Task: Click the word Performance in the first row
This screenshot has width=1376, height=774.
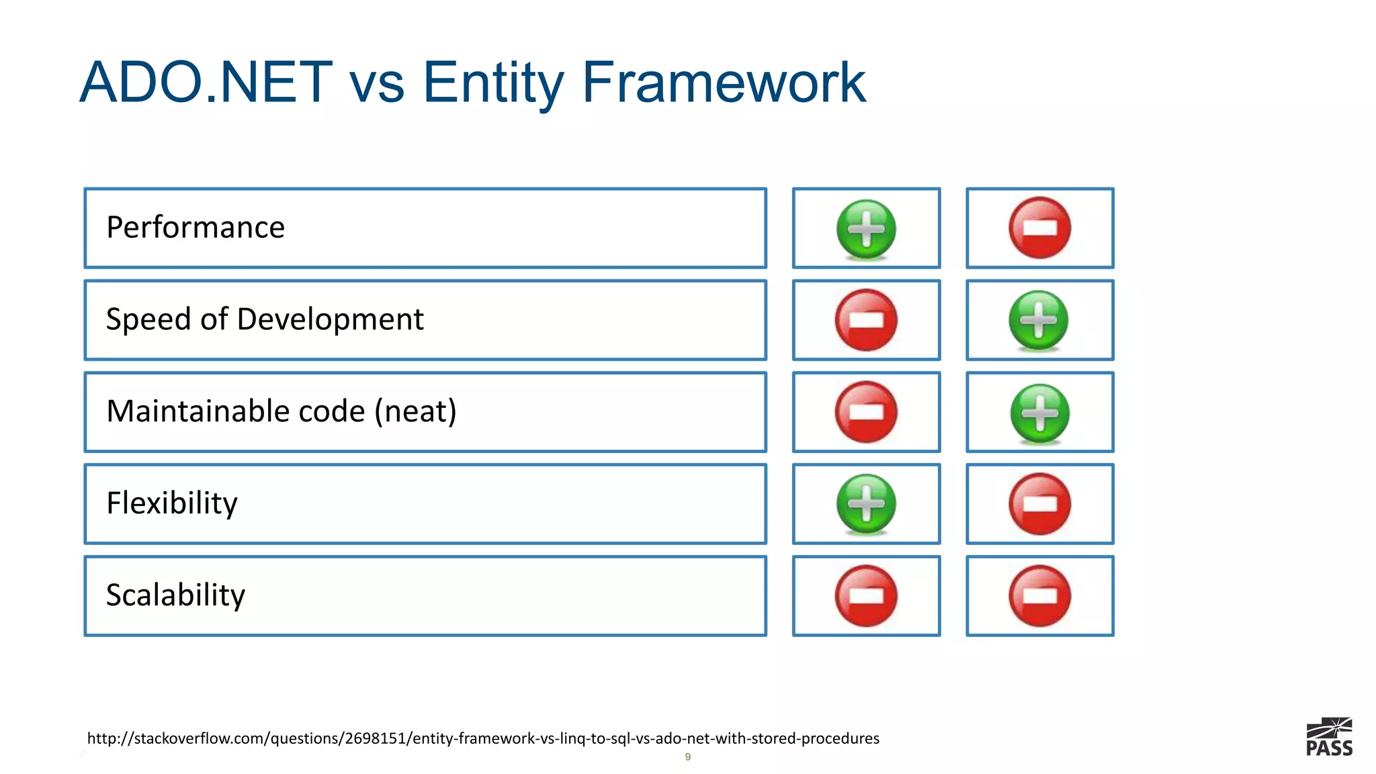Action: click(x=196, y=227)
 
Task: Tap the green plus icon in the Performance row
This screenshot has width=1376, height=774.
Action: click(x=866, y=228)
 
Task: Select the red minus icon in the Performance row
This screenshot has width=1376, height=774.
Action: click(x=1039, y=228)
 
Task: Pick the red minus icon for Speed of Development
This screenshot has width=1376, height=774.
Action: click(x=866, y=320)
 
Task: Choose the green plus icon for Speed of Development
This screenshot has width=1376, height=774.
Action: click(x=1039, y=320)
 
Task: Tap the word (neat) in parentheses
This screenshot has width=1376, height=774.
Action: click(x=415, y=411)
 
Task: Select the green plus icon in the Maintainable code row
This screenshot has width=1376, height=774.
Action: click(x=1039, y=413)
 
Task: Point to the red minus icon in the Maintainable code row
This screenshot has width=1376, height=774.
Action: click(x=866, y=412)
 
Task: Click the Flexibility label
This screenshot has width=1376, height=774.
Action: click(x=172, y=503)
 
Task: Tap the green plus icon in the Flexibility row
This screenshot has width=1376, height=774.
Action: click(x=866, y=504)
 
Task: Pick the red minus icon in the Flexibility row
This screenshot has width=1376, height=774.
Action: click(x=1039, y=504)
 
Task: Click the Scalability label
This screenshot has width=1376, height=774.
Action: click(x=176, y=595)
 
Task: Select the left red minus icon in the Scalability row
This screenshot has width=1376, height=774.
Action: click(x=866, y=596)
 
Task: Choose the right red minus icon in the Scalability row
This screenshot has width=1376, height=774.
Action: click(x=1039, y=596)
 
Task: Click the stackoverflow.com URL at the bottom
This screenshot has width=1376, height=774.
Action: click(x=483, y=738)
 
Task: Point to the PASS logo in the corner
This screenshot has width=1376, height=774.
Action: click(x=1329, y=737)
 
